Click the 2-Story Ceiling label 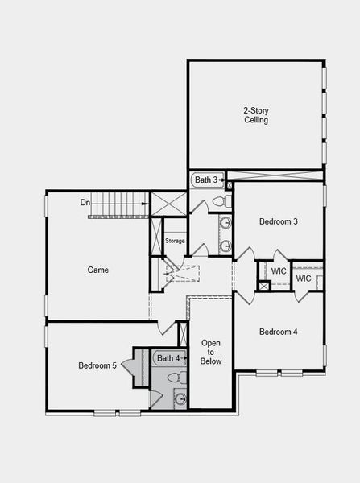click(x=256, y=115)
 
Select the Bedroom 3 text click(x=279, y=221)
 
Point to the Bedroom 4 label click(x=279, y=332)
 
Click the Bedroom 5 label click(x=97, y=365)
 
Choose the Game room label click(x=97, y=270)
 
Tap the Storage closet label click(x=175, y=241)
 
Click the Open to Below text click(x=211, y=353)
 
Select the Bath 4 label click(x=168, y=358)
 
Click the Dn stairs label click(x=85, y=202)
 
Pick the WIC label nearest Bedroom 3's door click(x=279, y=271)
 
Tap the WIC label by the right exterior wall click(x=303, y=279)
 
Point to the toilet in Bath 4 click(x=173, y=377)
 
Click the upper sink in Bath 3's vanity click(x=226, y=222)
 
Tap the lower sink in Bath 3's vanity click(x=226, y=245)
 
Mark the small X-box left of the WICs click(x=263, y=286)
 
